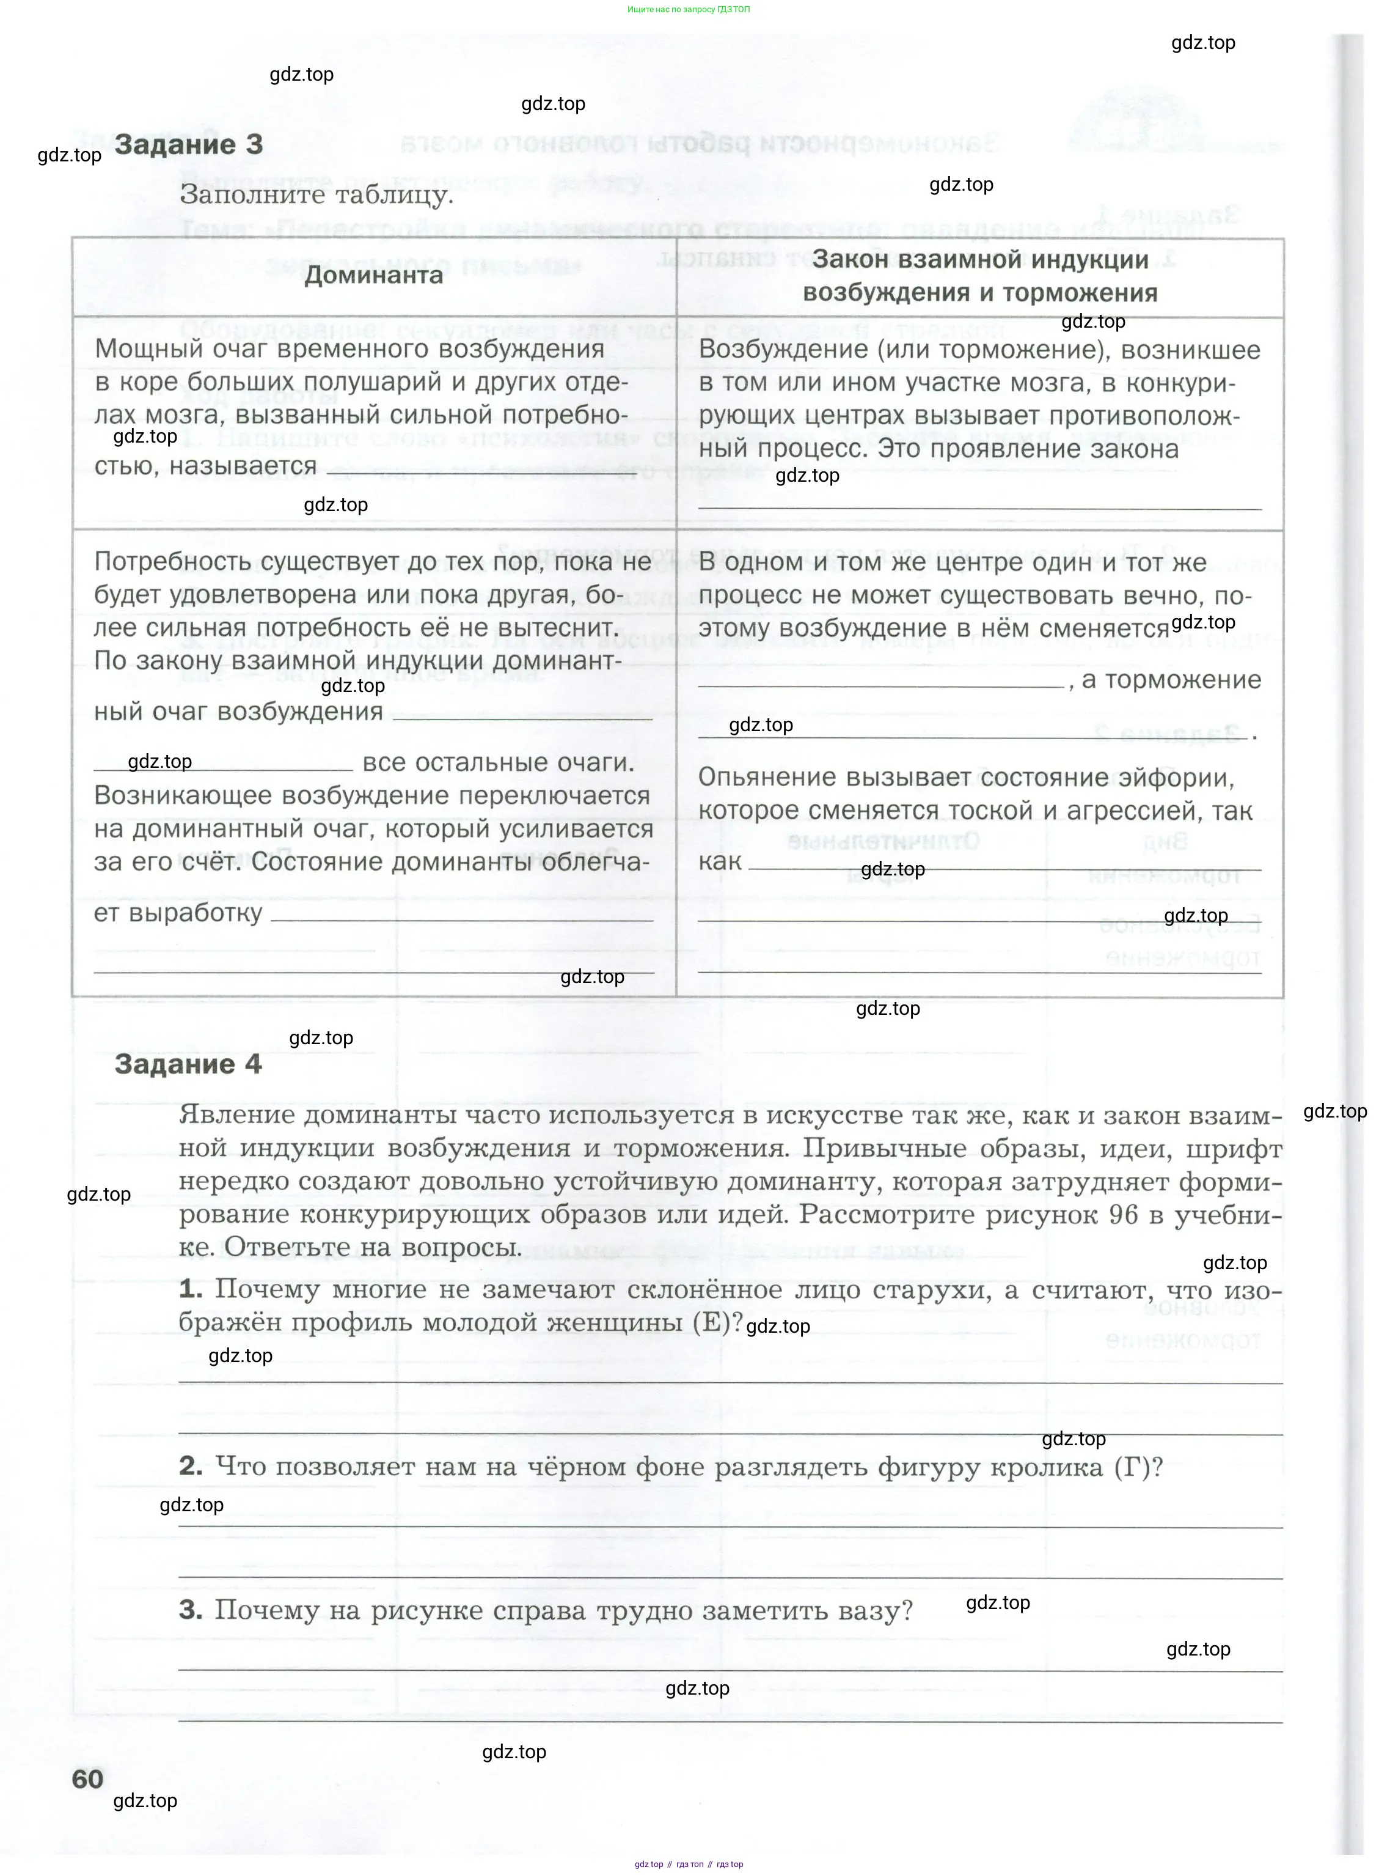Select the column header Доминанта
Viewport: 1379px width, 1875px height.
[373, 276]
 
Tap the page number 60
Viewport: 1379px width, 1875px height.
[87, 1779]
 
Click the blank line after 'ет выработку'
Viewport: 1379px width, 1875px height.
[462, 919]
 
